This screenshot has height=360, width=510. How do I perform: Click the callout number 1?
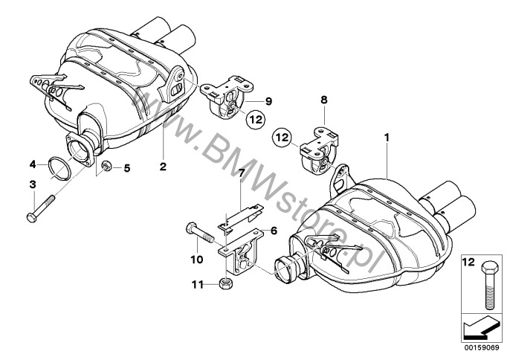387,138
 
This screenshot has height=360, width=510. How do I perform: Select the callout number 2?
163,167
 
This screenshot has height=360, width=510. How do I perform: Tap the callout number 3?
33,185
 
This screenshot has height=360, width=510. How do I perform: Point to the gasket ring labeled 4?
59,168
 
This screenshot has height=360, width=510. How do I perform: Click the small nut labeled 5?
106,166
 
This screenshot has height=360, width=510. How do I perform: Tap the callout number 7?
241,173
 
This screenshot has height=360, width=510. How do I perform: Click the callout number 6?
274,231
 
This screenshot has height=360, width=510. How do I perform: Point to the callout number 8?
324,100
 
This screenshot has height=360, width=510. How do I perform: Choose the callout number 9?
268,102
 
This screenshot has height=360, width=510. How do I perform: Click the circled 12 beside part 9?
255,119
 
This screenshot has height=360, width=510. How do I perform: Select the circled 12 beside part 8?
283,138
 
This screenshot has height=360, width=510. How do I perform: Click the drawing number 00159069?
480,347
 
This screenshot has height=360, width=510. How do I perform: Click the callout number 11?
198,285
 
